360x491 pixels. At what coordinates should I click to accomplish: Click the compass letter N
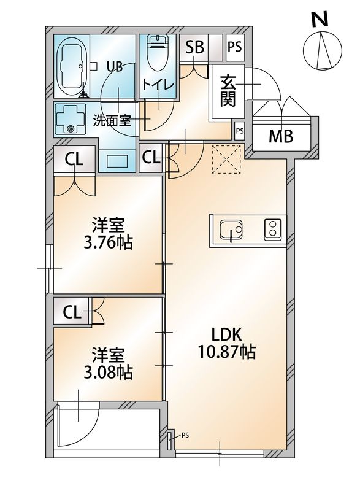[318, 20]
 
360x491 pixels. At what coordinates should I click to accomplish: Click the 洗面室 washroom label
[112, 120]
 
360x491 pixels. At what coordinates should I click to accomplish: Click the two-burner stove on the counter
[272, 230]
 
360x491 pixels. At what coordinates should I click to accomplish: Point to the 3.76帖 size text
[109, 242]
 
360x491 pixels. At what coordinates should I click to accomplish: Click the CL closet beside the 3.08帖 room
[72, 312]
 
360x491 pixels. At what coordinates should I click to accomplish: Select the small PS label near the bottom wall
[185, 436]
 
